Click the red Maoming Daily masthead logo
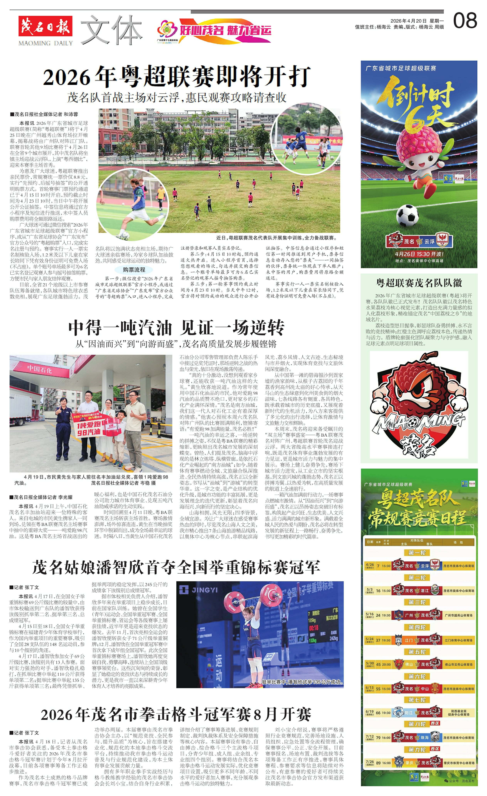45,26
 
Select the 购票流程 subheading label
134,270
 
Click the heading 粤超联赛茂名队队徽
419,283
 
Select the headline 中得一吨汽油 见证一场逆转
176,328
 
